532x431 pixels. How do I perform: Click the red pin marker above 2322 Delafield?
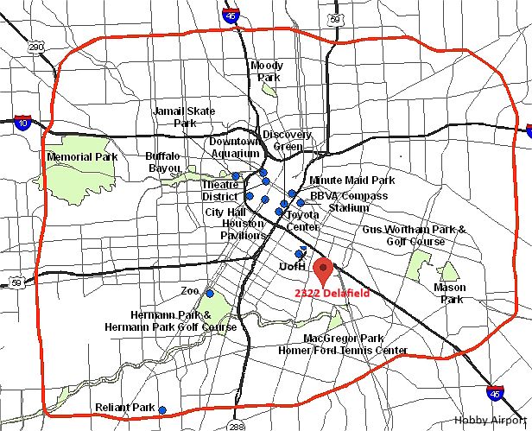[x=324, y=269]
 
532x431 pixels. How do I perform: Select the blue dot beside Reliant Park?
[x=162, y=410]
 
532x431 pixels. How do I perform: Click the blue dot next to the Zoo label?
[x=209, y=294]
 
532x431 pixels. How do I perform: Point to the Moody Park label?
[x=266, y=72]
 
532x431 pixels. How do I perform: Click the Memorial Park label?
[x=82, y=157]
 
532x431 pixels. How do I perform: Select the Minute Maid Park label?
[x=351, y=181]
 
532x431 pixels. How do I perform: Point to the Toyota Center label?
[x=302, y=220]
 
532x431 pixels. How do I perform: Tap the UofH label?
[x=293, y=265]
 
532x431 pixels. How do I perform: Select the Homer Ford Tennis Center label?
[x=343, y=350]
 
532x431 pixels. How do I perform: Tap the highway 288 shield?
[x=237, y=426]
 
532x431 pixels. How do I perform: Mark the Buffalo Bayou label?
[x=162, y=162]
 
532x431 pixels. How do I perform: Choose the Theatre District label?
[x=219, y=191]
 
